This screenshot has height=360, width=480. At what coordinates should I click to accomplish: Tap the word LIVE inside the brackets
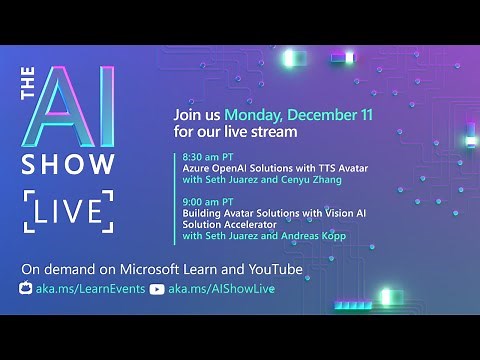point(67,211)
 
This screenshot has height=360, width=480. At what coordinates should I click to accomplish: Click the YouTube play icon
point(157,289)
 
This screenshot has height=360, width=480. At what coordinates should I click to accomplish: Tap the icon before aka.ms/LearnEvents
point(26,289)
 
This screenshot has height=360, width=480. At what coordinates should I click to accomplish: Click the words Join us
point(197,114)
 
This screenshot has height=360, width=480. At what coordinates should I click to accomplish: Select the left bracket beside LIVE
point(29,211)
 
